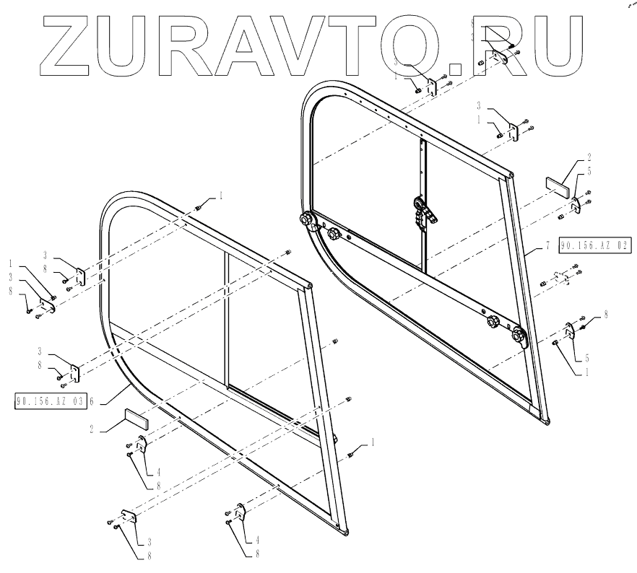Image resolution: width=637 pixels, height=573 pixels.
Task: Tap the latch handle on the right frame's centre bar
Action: [424, 213]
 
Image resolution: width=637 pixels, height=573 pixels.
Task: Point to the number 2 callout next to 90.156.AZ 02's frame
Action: [589, 156]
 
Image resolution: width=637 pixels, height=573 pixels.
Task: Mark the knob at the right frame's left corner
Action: [305, 219]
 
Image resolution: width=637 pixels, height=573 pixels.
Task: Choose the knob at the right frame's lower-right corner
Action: [519, 335]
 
